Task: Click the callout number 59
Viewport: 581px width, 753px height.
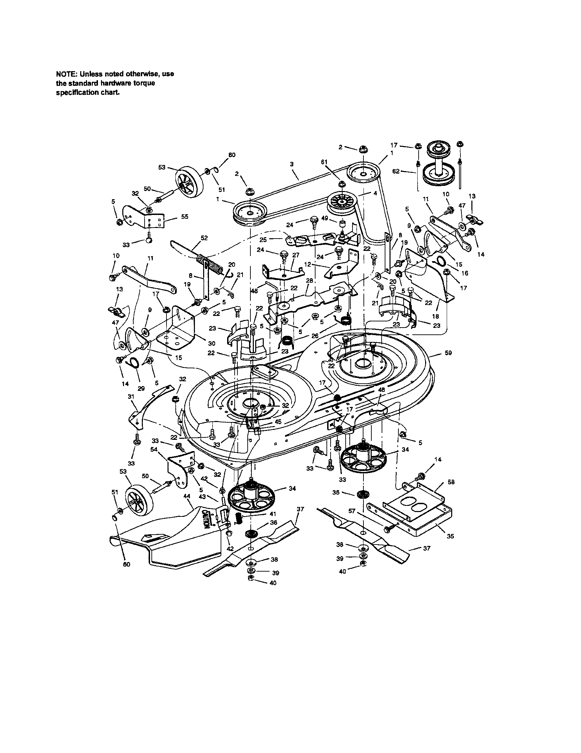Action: pos(448,353)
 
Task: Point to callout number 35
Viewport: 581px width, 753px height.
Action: pos(450,536)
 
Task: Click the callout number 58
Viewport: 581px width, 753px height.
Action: pos(451,482)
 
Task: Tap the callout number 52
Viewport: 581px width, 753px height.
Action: pos(204,238)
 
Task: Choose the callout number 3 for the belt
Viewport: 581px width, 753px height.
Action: pos(292,165)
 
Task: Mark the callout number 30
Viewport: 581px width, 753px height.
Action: pos(211,343)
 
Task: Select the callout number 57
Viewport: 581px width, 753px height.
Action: pos(351,511)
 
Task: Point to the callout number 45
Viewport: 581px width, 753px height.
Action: pos(278,421)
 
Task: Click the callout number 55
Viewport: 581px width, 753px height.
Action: pos(185,217)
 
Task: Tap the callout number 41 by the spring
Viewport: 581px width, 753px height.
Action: pos(273,513)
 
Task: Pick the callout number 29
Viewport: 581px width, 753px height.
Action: pos(141,388)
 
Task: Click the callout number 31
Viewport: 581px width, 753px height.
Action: pos(131,397)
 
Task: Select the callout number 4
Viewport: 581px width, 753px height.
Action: pos(375,194)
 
